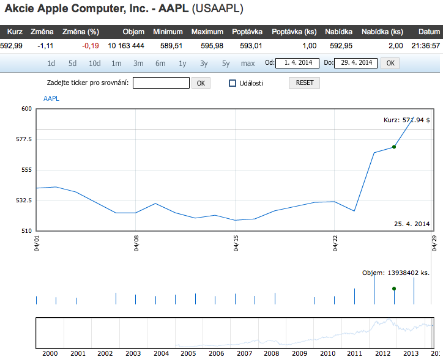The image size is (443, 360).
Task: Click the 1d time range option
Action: click(x=51, y=63)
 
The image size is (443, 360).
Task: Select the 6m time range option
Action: click(x=160, y=63)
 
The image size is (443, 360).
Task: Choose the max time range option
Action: click(x=248, y=63)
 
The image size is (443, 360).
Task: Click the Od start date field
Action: click(x=298, y=63)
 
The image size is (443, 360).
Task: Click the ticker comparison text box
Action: click(x=161, y=83)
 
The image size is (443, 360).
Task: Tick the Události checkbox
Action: click(x=233, y=83)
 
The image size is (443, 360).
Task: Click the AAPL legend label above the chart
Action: click(x=51, y=99)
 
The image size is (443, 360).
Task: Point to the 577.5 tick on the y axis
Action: click(x=23, y=139)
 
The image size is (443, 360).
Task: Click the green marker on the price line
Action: click(x=394, y=147)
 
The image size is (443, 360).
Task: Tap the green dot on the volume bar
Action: click(x=394, y=288)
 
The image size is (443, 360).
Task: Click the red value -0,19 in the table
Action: click(x=90, y=45)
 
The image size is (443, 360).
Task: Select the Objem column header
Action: click(x=133, y=32)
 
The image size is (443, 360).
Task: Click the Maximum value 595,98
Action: click(x=207, y=45)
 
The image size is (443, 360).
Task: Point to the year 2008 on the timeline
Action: click(x=271, y=353)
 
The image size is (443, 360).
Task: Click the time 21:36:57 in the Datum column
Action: click(x=425, y=45)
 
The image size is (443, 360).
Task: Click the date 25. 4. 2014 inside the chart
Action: click(x=412, y=224)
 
